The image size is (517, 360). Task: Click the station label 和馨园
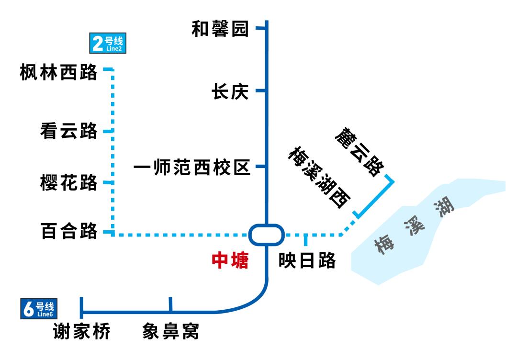(220, 29)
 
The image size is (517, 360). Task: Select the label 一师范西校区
(192, 167)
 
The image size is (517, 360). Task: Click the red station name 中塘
(230, 261)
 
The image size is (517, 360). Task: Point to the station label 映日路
(307, 261)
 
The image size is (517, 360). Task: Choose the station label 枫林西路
(58, 73)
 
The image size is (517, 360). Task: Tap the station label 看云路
(69, 130)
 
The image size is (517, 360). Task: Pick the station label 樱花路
(69, 182)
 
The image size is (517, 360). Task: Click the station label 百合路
(69, 232)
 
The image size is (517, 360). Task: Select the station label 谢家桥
(81, 332)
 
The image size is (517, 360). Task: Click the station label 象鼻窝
(170, 332)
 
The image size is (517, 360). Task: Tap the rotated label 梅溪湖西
(318, 178)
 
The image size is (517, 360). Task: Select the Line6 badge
(39, 309)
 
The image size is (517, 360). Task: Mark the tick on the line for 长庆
(261, 90)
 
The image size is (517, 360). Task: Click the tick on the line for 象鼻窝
(170, 304)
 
